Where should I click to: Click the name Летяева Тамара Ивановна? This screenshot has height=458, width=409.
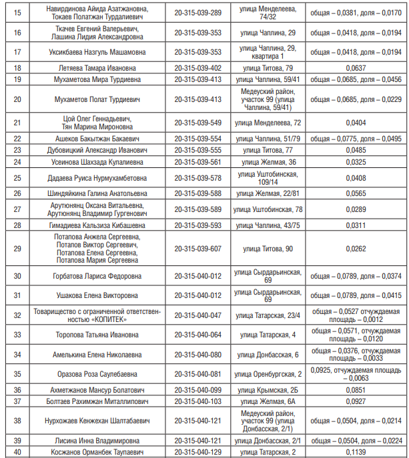pos(97,68)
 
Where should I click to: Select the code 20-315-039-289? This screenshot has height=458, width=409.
pos(197,13)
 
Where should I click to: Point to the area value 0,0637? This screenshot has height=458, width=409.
pos(356,68)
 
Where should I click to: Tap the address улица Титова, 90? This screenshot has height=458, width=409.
pos(268,249)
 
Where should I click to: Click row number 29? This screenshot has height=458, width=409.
pos(17,249)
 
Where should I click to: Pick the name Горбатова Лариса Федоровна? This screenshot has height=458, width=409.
pos(97,276)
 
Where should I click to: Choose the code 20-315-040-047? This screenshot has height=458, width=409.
pos(197,315)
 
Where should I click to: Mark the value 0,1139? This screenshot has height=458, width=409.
pos(356,452)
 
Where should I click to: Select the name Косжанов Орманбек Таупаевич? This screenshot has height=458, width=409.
pos(97,452)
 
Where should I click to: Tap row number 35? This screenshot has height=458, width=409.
pos(17,374)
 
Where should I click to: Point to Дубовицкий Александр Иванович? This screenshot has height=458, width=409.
pos(97,150)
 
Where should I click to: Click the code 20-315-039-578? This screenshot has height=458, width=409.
pos(197,178)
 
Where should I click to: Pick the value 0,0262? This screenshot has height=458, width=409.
pos(356,249)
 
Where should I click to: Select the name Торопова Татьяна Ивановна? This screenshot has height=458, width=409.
pos(97,335)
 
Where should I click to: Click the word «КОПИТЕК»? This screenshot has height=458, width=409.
pos(107,319)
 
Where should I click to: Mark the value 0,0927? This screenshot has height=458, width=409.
pos(356,401)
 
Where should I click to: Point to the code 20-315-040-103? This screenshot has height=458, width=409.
pos(197,401)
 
